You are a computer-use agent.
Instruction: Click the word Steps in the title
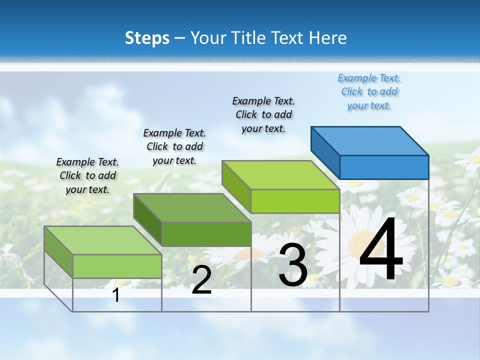pos(147,38)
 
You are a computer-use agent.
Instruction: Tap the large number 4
pos(381,250)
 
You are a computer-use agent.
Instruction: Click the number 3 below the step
pos(293,265)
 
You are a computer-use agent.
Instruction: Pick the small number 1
pos(116,295)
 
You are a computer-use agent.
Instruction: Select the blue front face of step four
pos(384,167)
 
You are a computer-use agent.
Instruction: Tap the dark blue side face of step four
pos(325,150)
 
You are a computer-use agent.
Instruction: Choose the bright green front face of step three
pos(295,201)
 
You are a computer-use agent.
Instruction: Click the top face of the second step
pos(192,208)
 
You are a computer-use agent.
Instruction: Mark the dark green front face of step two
pos(206,234)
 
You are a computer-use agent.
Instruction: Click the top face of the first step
pos(103,240)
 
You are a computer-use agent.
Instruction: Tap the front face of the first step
pos(117,266)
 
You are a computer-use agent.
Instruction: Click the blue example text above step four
pos(369,92)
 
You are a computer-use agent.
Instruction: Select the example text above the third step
pos(263,114)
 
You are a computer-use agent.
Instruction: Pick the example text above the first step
pos(87,175)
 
